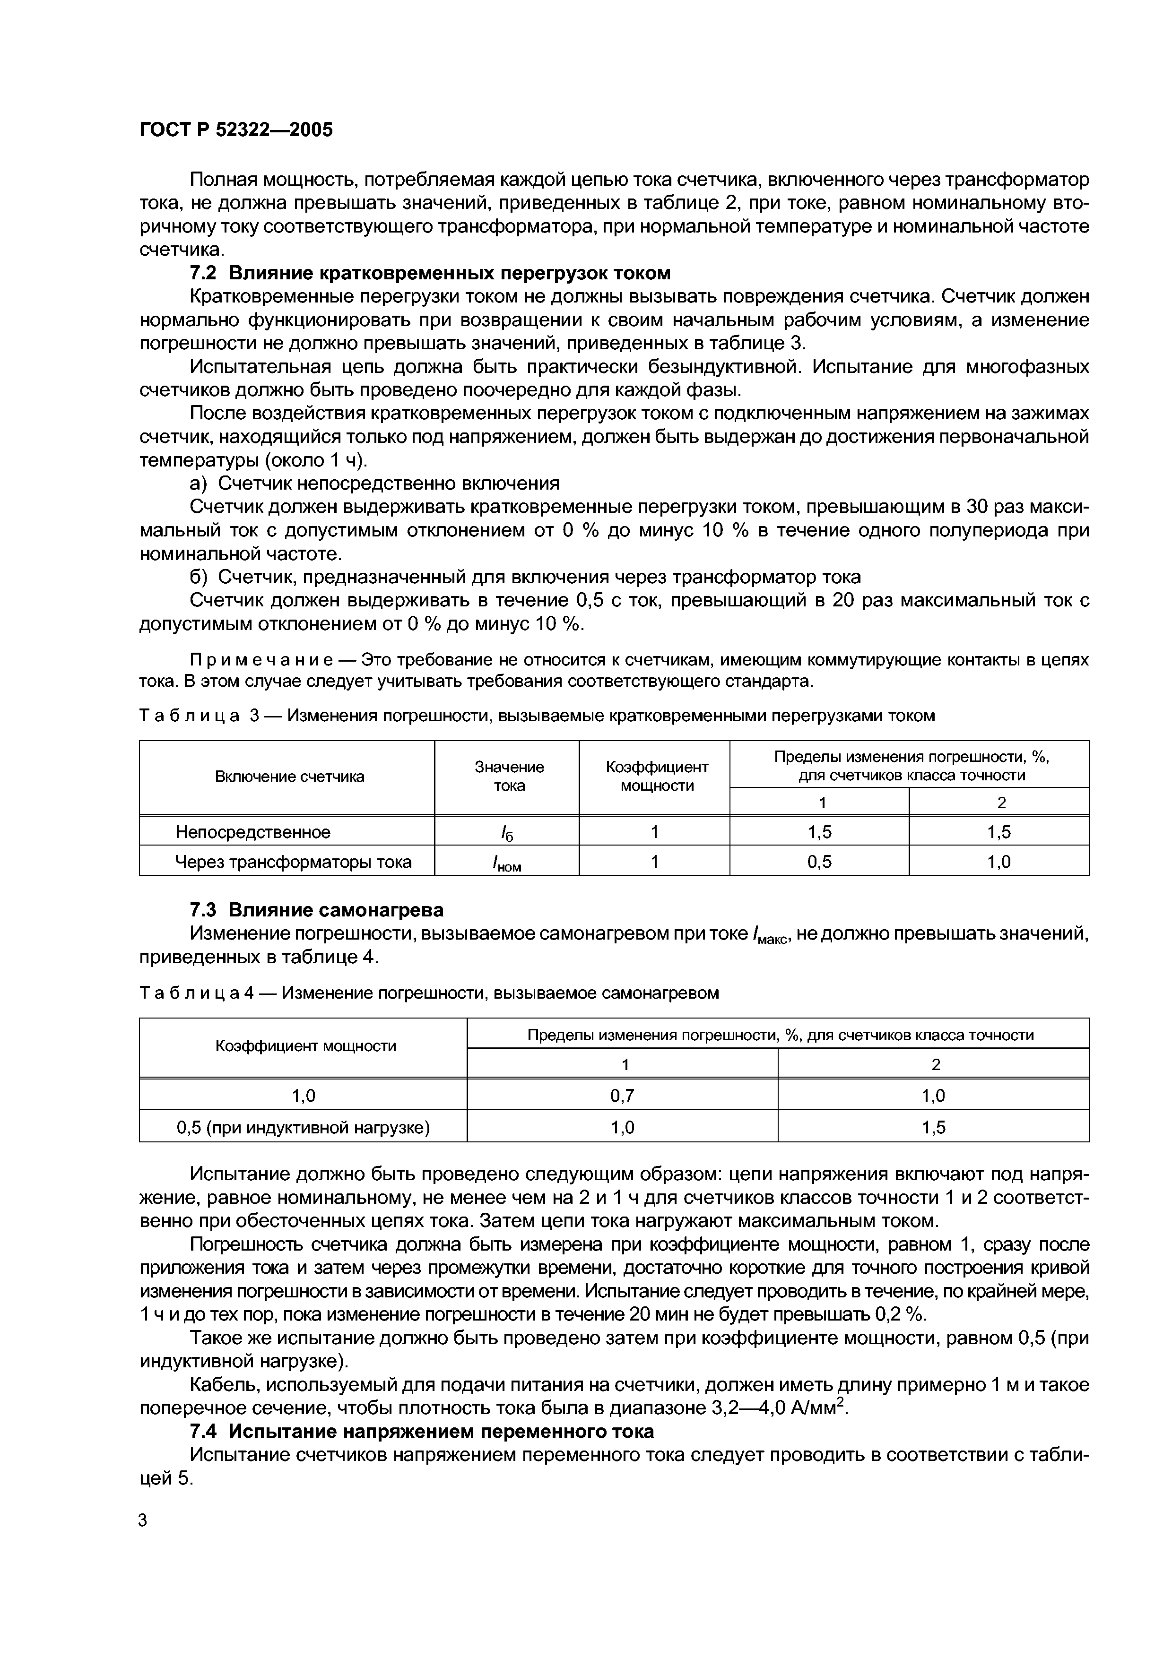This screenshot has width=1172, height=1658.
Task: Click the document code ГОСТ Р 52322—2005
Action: (x=235, y=130)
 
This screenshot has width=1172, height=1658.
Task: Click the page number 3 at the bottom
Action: (x=143, y=1540)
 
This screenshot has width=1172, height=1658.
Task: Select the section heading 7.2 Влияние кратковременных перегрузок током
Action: (x=430, y=273)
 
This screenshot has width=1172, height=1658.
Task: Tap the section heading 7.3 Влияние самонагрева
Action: (x=316, y=910)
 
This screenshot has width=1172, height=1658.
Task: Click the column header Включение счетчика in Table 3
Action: (x=289, y=777)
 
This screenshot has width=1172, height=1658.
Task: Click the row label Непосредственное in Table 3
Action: (x=253, y=832)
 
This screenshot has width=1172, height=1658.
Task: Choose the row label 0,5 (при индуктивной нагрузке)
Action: (x=304, y=1127)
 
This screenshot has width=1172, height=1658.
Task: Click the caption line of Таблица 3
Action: (x=537, y=716)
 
